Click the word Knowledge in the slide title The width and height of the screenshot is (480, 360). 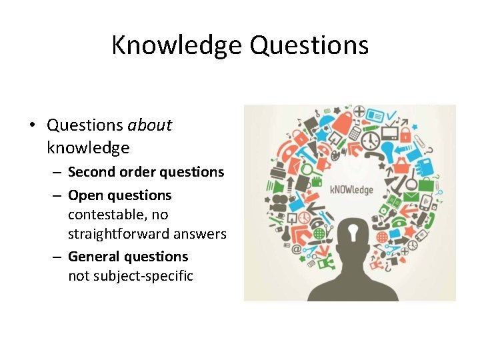click(177, 45)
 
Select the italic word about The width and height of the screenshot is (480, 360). click(150, 125)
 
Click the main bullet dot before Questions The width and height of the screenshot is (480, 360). click(31, 125)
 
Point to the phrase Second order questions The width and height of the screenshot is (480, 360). click(146, 172)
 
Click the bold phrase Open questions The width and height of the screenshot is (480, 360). click(120, 195)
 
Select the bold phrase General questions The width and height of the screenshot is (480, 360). click(128, 257)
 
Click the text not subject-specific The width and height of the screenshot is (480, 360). click(131, 275)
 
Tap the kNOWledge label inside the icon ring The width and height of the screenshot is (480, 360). click(352, 189)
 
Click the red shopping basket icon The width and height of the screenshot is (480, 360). click(402, 164)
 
